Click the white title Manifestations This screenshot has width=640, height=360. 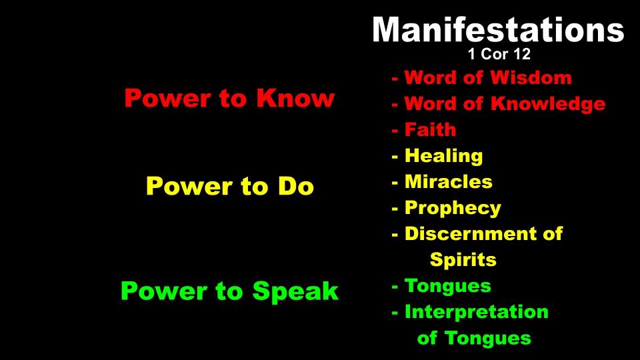tap(498, 29)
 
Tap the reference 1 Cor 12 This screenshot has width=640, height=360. tap(499, 54)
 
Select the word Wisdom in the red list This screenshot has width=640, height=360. tap(531, 77)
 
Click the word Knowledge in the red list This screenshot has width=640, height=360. tap(548, 104)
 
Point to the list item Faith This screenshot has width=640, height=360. tap(430, 129)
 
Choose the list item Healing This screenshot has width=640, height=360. tap(444, 156)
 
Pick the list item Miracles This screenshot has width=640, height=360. tap(449, 181)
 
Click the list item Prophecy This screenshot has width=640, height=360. tap(453, 209)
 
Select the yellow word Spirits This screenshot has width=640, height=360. tap(463, 260)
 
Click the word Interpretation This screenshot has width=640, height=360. tap(476, 312)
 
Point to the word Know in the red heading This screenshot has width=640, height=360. tap(295, 99)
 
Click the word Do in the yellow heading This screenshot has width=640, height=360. tap(296, 186)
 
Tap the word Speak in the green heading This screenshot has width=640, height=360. tap(295, 291)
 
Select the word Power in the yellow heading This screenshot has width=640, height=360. tap(190, 186)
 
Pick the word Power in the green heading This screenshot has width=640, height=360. tap(164, 291)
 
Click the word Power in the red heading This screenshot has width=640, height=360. tap(168, 99)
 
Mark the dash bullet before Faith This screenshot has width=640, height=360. tap(395, 131)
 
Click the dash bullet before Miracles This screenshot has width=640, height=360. tap(395, 183)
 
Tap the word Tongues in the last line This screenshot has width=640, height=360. tap(488, 339)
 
